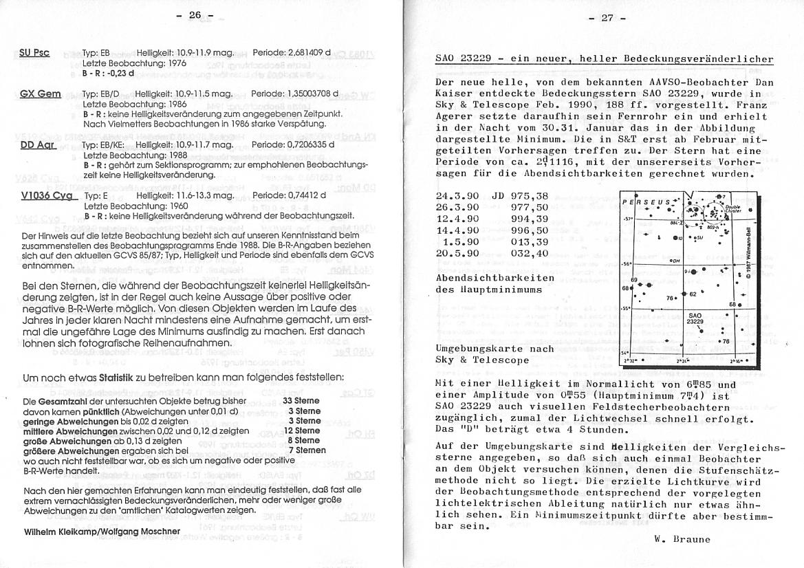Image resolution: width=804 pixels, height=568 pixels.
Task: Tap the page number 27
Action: [x=607, y=18]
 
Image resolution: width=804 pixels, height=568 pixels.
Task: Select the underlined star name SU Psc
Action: [x=34, y=52]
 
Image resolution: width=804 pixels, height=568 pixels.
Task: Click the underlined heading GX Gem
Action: [x=41, y=94]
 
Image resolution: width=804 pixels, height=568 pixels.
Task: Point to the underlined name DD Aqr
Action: [x=38, y=145]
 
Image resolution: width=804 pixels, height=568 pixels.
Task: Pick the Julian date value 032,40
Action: [x=530, y=254]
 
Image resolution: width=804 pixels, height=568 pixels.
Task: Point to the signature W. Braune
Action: [x=682, y=538]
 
